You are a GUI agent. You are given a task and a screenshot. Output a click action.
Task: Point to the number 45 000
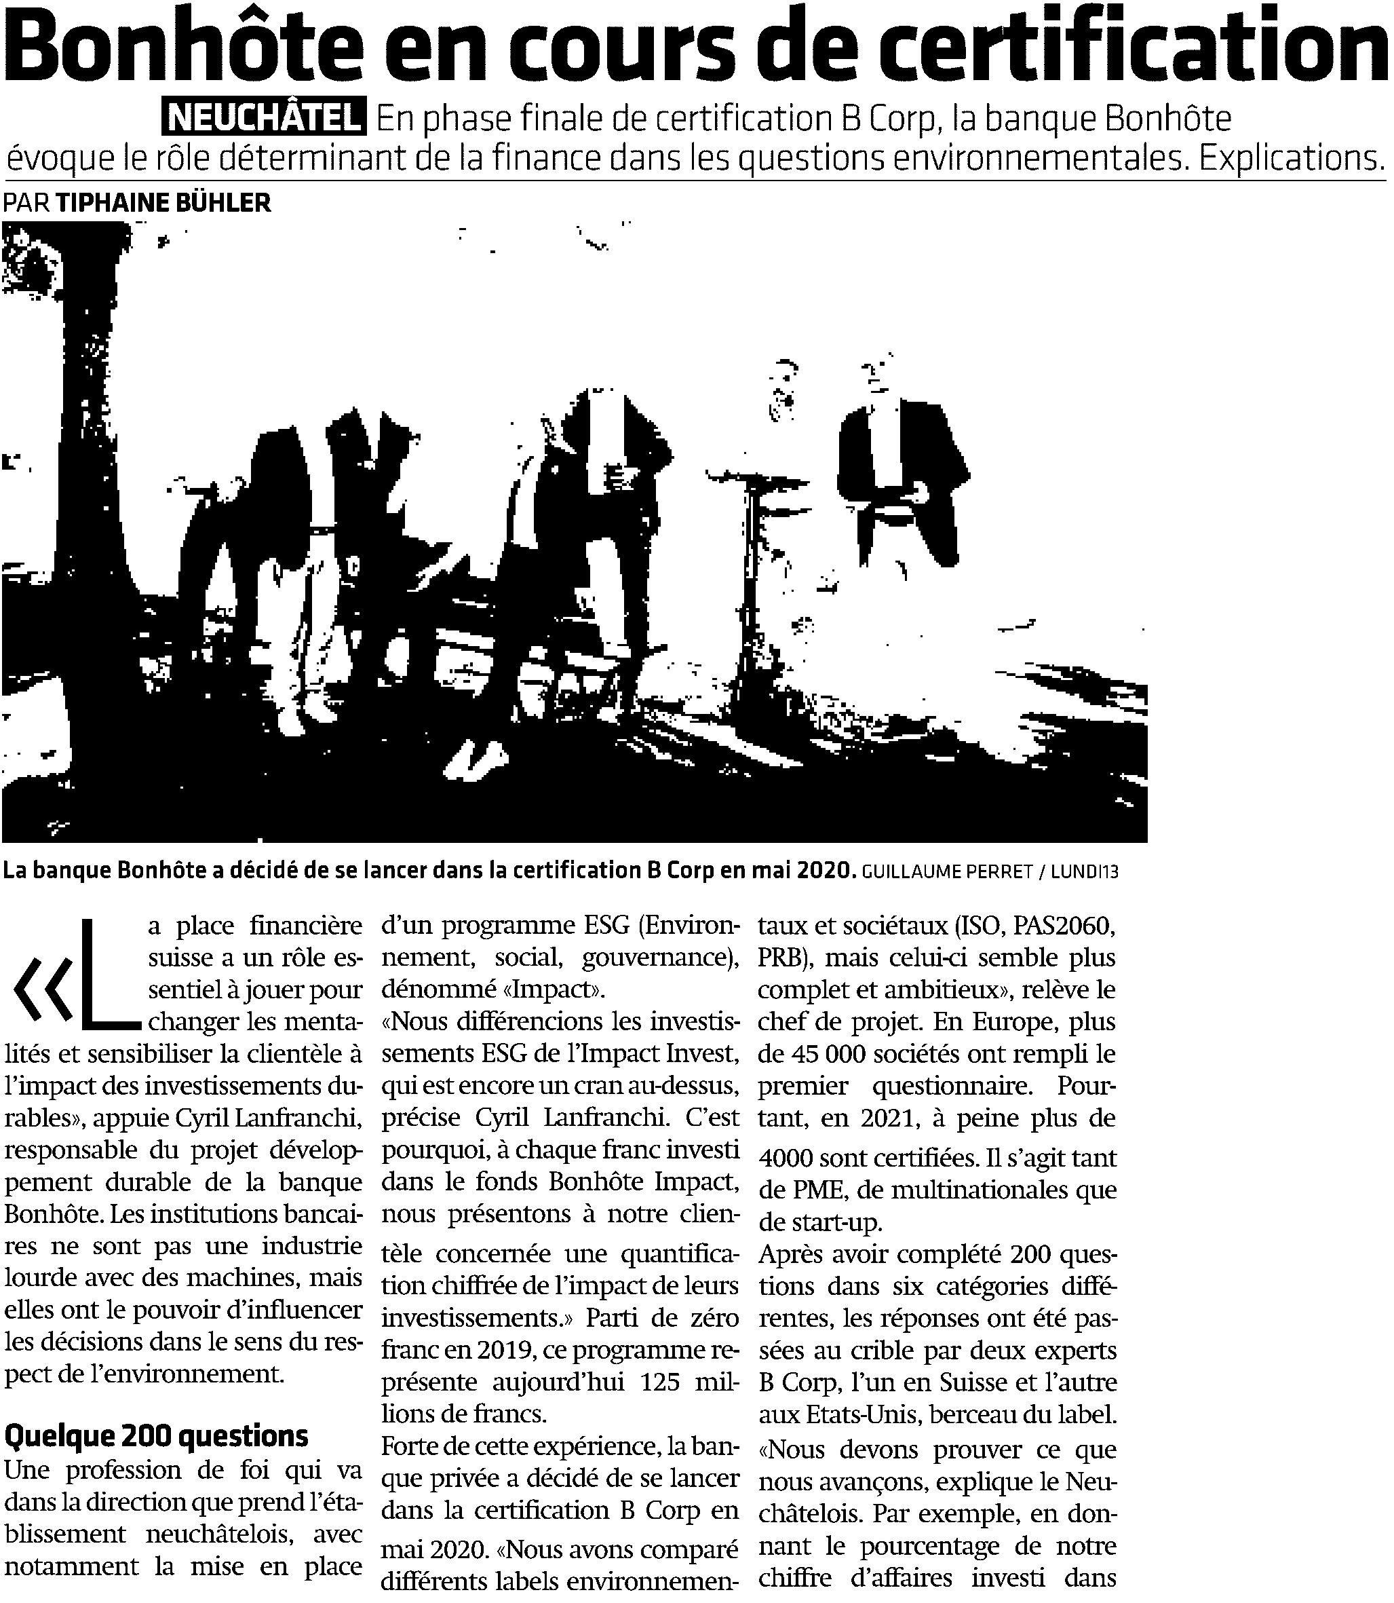pyautogui.click(x=834, y=1055)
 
